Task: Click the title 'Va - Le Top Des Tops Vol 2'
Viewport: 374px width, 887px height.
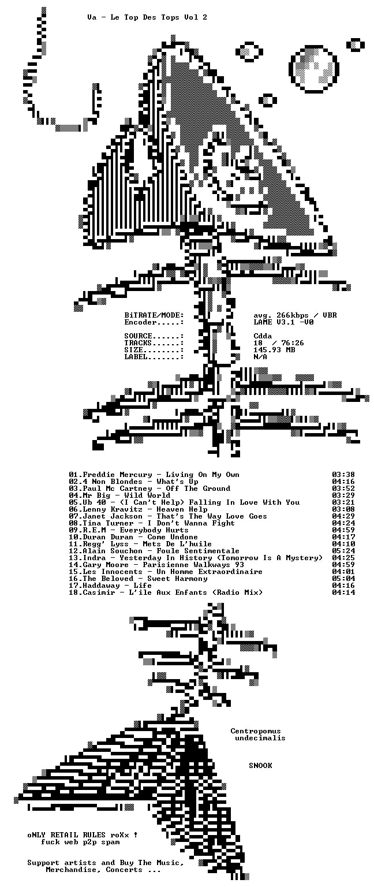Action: (147, 17)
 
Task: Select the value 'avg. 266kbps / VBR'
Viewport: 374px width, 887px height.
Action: (296, 315)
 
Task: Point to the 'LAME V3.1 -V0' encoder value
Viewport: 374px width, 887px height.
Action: (283, 322)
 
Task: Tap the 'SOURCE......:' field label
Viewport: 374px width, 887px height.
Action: (154, 336)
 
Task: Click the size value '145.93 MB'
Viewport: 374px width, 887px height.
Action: (274, 350)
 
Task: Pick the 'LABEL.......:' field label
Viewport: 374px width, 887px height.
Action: (154, 357)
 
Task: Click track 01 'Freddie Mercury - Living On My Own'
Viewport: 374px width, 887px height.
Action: (154, 475)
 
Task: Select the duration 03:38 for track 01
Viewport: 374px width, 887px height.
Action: (343, 475)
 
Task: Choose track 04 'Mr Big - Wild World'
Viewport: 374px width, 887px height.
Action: (119, 495)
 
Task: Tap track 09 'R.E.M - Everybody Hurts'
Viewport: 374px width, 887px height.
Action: (128, 530)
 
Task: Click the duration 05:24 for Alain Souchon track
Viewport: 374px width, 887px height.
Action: (343, 551)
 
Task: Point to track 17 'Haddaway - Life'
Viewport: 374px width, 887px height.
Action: (110, 586)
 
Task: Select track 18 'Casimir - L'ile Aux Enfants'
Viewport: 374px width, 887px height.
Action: (166, 593)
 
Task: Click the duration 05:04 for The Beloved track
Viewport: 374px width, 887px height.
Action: (343, 579)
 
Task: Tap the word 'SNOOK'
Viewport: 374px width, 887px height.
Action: (260, 765)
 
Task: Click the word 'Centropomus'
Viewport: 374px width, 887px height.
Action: (256, 731)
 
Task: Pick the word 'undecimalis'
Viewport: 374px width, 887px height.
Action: (260, 738)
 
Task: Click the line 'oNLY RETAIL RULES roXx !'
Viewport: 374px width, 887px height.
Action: (83, 835)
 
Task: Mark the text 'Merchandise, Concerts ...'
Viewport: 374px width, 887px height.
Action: (103, 870)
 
